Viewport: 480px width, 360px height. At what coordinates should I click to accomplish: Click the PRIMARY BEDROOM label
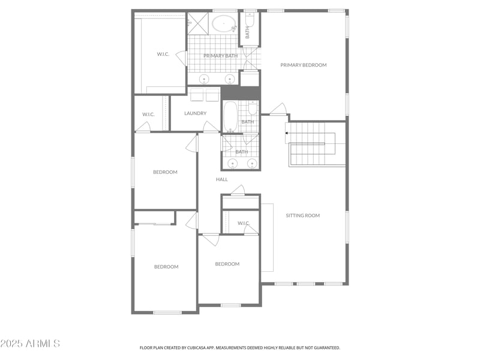[303, 65]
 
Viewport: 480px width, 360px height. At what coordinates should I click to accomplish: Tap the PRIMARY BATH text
[220, 56]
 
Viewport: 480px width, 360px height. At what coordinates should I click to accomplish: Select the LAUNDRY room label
[195, 113]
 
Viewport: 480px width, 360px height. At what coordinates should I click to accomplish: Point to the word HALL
[221, 179]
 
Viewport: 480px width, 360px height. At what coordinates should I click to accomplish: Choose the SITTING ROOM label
[302, 215]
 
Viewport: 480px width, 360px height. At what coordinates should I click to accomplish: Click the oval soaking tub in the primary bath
[223, 25]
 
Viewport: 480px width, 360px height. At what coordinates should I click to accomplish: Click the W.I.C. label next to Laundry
[148, 114]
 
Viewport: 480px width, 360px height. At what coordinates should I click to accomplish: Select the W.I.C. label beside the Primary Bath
[163, 54]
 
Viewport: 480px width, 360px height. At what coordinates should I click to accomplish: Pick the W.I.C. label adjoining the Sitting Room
[243, 223]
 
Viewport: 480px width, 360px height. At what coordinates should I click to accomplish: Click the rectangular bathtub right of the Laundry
[230, 116]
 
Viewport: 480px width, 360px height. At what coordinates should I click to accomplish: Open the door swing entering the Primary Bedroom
[278, 110]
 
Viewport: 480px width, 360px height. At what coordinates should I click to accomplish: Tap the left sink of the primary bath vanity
[204, 79]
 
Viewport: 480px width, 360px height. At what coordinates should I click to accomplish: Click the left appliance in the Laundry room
[197, 95]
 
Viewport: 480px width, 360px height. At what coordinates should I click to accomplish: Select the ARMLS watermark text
[30, 344]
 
